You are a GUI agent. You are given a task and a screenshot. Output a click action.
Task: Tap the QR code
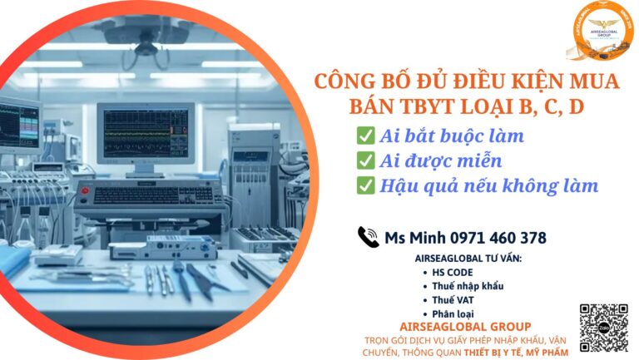pyautogui.click(x=602, y=328)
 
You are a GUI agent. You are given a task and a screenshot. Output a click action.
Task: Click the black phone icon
pyautogui.click(x=368, y=237)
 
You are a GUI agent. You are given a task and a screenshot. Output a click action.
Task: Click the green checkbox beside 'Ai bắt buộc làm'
pyautogui.click(x=364, y=136)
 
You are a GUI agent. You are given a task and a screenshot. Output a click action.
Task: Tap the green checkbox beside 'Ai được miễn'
pyautogui.click(x=364, y=160)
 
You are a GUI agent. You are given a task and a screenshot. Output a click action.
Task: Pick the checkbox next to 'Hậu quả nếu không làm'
pyautogui.click(x=364, y=185)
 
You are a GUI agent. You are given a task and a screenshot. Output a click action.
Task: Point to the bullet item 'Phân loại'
pyautogui.click(x=454, y=313)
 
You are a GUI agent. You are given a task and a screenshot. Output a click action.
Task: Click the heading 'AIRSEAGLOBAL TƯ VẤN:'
pyautogui.click(x=468, y=259)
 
